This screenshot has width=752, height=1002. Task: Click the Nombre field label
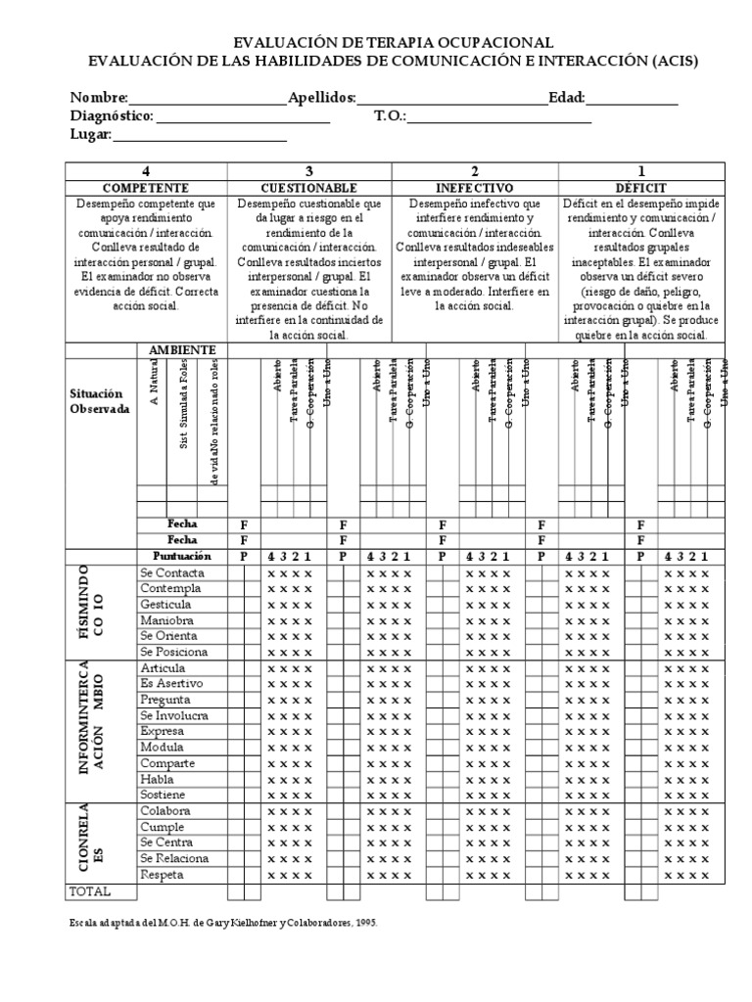(x=98, y=98)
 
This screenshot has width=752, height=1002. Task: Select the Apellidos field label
(x=322, y=98)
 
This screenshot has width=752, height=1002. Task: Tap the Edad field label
(x=567, y=98)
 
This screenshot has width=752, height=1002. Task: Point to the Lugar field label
(x=91, y=135)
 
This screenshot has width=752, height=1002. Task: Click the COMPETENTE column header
(x=146, y=188)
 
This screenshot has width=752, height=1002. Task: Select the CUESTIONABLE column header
(x=308, y=188)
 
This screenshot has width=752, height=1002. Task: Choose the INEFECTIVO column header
(x=475, y=188)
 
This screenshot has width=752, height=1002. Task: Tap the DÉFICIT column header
(x=641, y=188)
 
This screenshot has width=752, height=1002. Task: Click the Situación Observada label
(x=99, y=401)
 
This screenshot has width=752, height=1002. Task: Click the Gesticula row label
(x=166, y=605)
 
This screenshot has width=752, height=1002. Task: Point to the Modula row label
(x=162, y=748)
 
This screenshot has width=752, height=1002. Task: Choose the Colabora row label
(x=165, y=811)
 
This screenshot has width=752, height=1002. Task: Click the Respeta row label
(x=164, y=874)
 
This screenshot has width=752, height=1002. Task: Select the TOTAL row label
(x=90, y=891)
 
